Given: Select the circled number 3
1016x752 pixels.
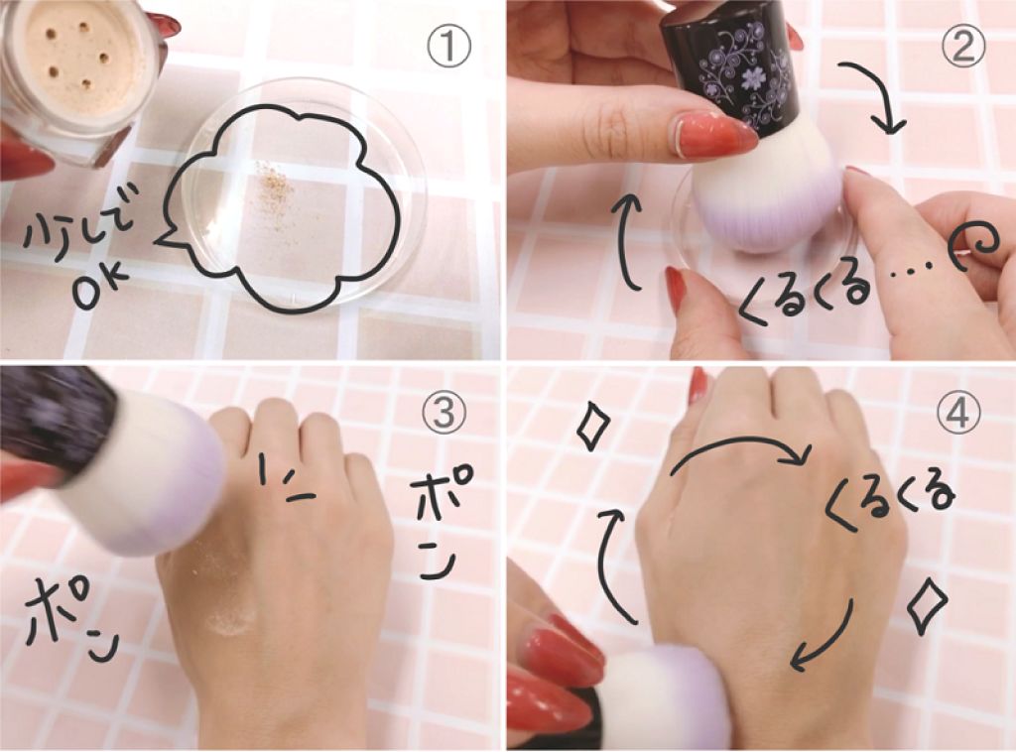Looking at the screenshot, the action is tap(444, 412).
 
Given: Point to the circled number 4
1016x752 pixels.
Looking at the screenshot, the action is tap(957, 412).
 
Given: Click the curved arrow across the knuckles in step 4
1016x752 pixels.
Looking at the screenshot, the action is tap(738, 441).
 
